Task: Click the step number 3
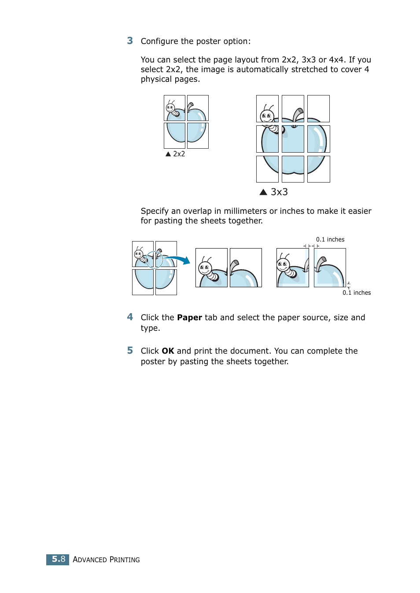[130, 41]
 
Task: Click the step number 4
[130, 317]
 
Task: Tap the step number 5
[130, 351]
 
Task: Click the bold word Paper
[189, 318]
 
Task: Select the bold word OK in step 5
[168, 351]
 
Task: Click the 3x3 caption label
[279, 192]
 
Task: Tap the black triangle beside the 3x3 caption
[263, 192]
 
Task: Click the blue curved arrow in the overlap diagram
[178, 260]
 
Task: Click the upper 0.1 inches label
[330, 240]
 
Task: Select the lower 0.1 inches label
[357, 293]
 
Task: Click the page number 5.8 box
[58, 559]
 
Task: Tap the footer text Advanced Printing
[106, 560]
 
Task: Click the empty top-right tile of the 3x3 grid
[318, 108]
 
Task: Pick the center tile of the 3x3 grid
[293, 139]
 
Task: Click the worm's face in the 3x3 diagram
[266, 116]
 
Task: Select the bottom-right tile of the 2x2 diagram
[198, 135]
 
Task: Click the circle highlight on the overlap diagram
[154, 260]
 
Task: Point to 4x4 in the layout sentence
[336, 60]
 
